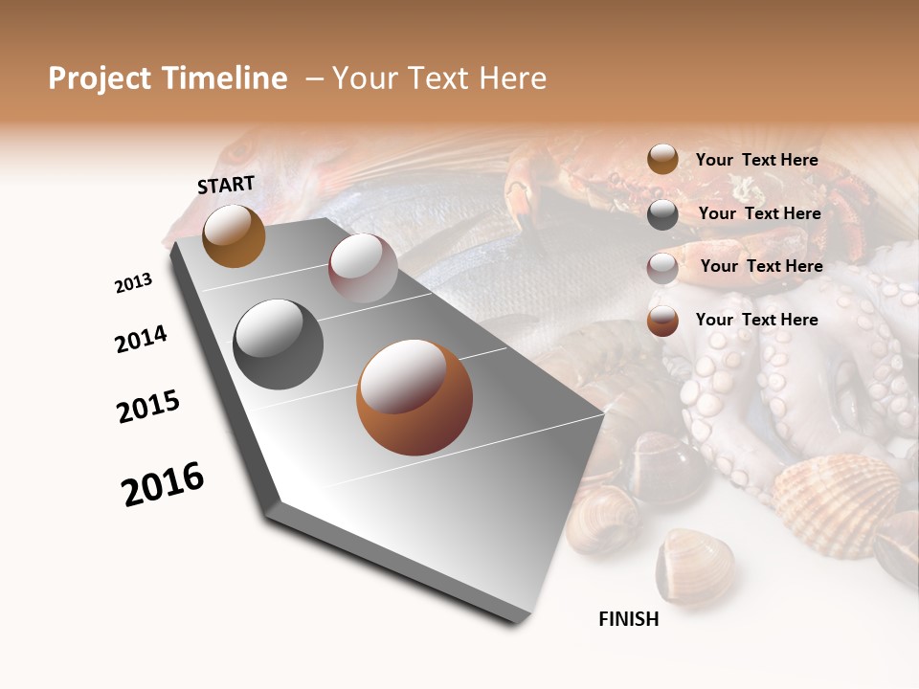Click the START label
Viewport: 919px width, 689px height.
[226, 184]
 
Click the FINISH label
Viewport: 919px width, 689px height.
[629, 619]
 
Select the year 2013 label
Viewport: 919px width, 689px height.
[133, 283]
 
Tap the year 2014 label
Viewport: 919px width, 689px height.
[141, 339]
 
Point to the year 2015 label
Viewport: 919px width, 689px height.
[148, 407]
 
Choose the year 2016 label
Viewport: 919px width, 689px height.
[163, 484]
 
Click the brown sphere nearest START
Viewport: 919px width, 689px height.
[234, 235]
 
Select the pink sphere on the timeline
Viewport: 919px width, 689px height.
[363, 267]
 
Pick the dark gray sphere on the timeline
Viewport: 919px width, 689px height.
[278, 344]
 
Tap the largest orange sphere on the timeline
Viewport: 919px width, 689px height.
[415, 397]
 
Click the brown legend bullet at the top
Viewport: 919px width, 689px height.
[662, 159]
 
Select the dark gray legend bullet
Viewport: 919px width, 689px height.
[662, 214]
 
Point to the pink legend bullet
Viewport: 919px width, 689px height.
[662, 268]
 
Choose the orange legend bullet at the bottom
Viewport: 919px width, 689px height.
[662, 321]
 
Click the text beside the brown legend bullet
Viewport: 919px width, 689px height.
[756, 160]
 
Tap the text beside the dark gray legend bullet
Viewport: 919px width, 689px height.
[759, 213]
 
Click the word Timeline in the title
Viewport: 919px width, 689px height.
[221, 78]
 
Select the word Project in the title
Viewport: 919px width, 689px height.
[100, 78]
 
